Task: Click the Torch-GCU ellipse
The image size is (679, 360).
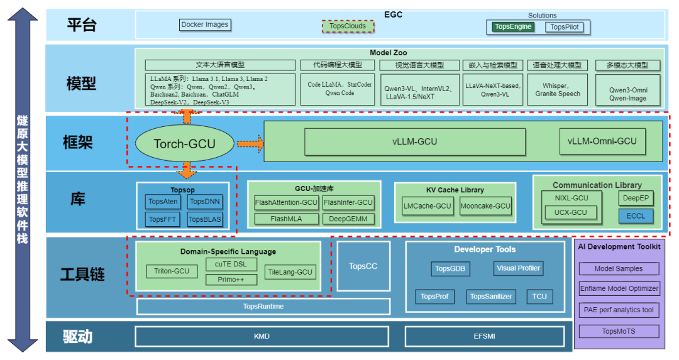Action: point(184,143)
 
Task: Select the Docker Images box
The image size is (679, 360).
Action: point(205,25)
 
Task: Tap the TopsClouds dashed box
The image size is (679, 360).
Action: point(348,26)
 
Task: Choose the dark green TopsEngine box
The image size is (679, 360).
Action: point(513,26)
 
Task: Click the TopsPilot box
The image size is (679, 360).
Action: point(565,27)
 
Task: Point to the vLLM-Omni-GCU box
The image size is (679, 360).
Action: point(602,141)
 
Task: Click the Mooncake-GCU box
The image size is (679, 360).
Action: point(485,206)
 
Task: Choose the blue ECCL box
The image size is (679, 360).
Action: point(636,216)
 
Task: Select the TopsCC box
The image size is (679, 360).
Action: point(363,266)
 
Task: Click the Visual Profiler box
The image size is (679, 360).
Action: point(518,268)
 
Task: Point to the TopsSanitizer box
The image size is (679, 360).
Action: point(491,297)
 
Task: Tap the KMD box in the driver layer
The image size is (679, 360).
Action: point(262,336)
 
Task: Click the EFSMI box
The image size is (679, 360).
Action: point(484,336)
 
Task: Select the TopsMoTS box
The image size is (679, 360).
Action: point(619,331)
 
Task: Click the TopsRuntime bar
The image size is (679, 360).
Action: point(263,307)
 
